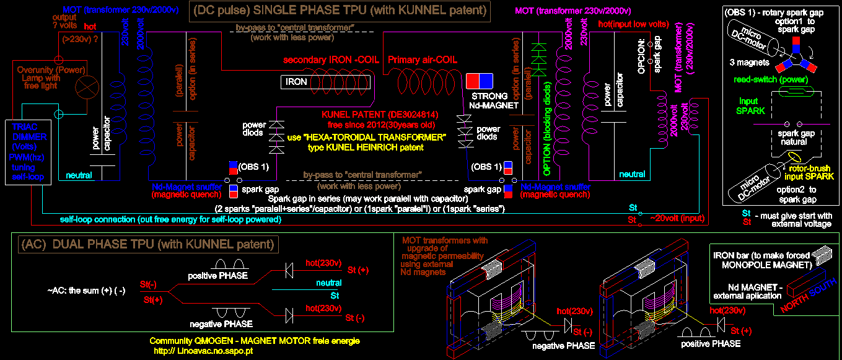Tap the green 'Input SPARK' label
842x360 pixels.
click(750, 105)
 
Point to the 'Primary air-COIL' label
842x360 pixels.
click(423, 60)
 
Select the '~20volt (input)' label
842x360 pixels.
click(677, 218)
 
